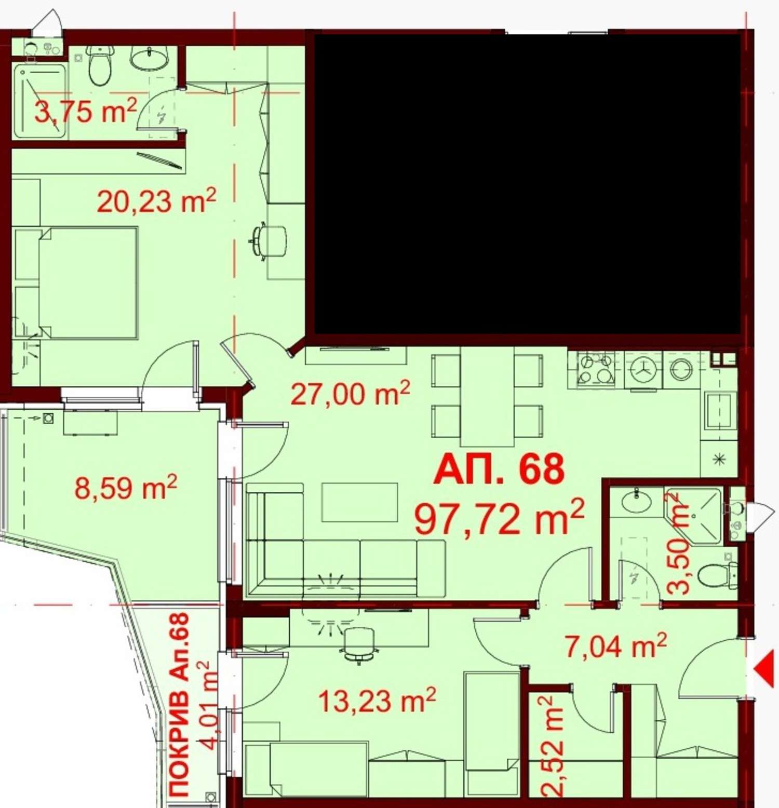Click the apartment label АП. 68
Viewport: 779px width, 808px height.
click(499, 469)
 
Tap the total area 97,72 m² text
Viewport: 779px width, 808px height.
click(499, 518)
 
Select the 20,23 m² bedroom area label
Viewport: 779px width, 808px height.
click(156, 200)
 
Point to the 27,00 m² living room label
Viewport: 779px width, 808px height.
click(350, 393)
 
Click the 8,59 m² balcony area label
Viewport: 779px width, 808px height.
click(126, 487)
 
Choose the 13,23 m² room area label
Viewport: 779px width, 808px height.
click(377, 701)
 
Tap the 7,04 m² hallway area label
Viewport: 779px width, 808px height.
click(615, 645)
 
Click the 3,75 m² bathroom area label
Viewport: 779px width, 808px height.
click(86, 110)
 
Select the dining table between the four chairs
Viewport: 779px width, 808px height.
click(487, 396)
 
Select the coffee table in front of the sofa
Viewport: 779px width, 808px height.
click(359, 502)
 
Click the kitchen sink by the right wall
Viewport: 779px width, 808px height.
click(719, 410)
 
